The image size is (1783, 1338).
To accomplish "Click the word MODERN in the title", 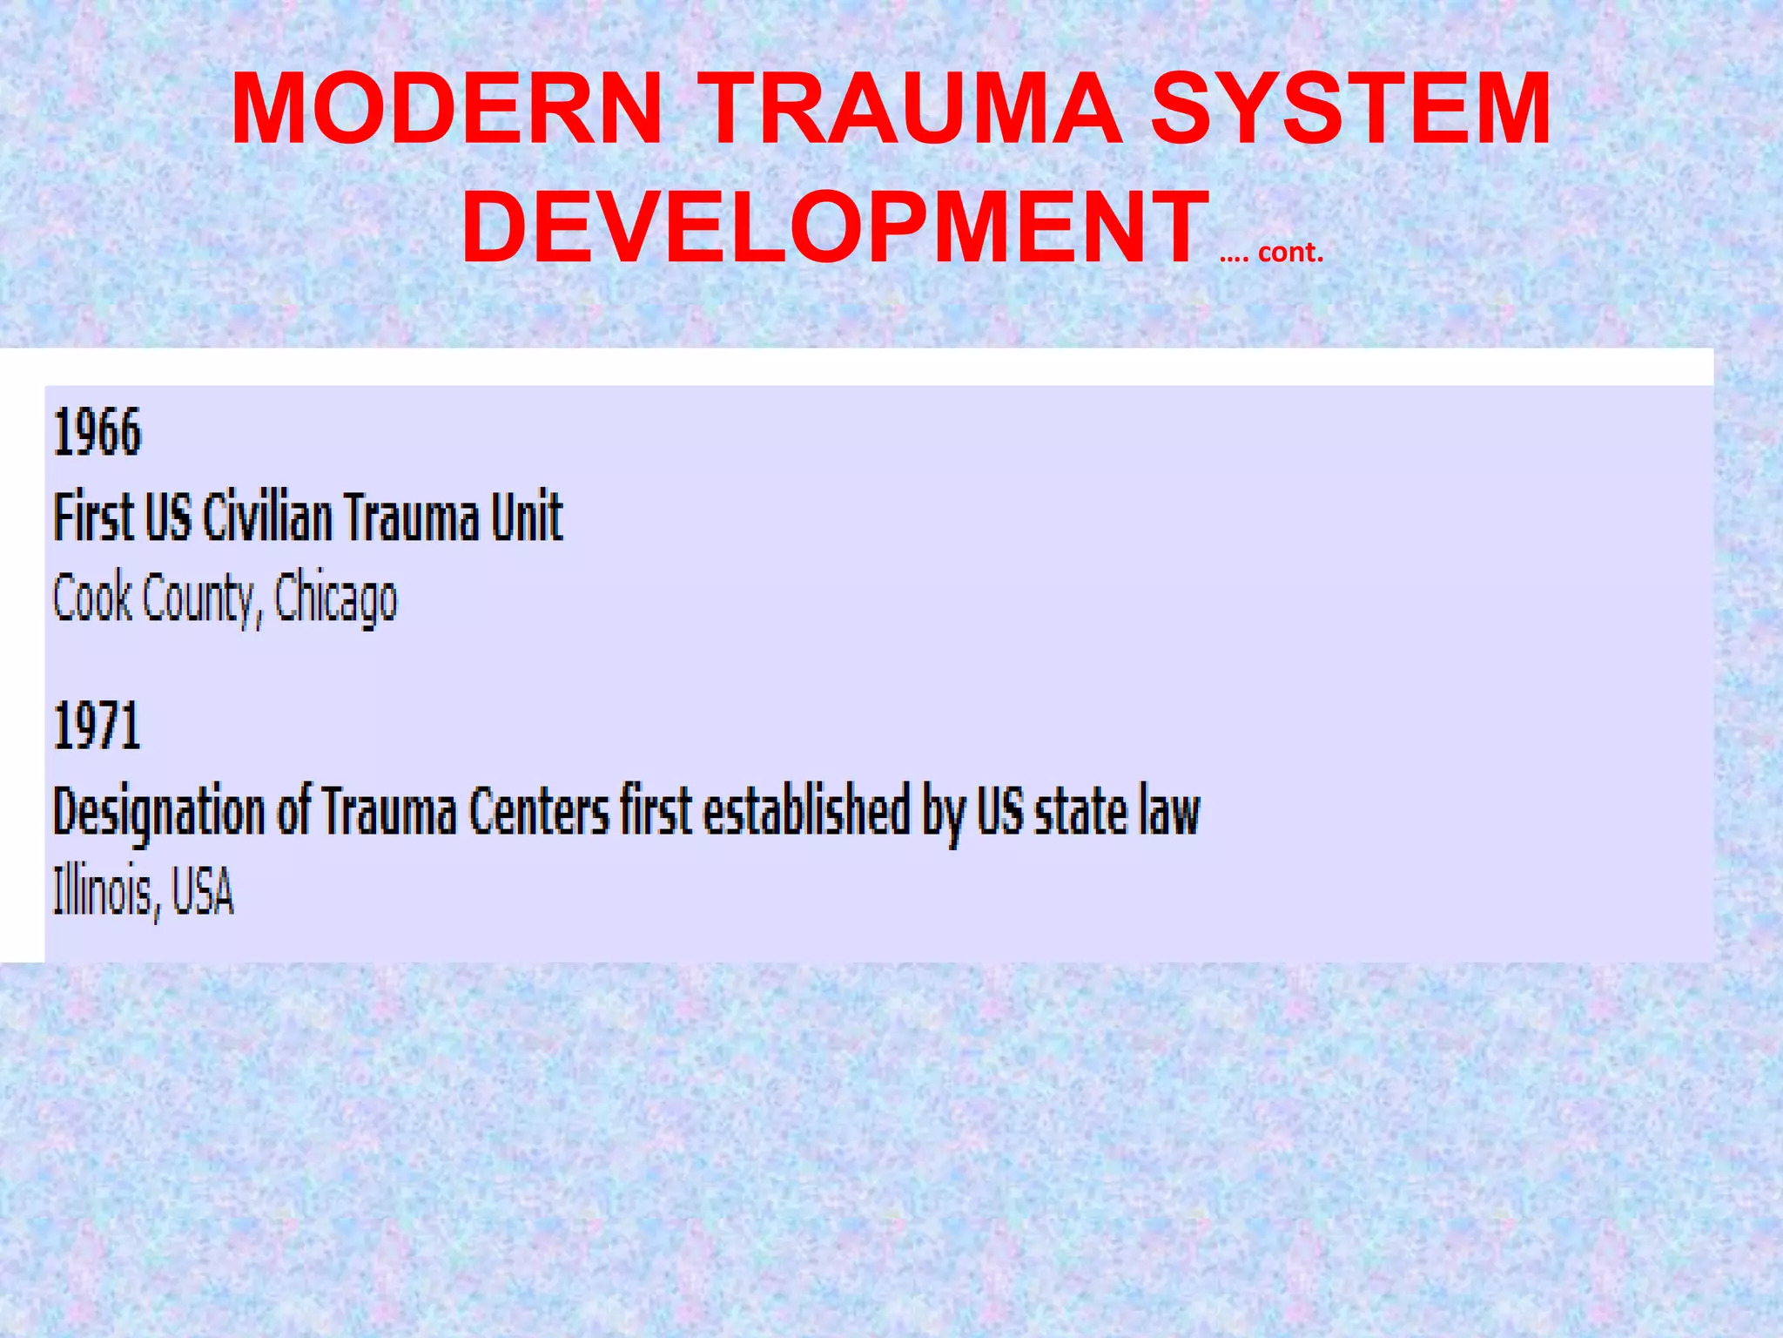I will click(447, 110).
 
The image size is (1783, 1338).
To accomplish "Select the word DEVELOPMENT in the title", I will click(835, 228).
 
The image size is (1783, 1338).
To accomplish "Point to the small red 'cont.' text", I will click(1290, 253).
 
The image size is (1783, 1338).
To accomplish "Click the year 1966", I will click(97, 433).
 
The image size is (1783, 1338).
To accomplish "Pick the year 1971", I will click(97, 726).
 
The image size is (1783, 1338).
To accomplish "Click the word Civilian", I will click(266, 517).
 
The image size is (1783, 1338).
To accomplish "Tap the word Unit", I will click(527, 517).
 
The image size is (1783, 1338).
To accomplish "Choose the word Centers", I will click(539, 811).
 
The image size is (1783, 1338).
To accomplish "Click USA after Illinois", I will click(203, 892).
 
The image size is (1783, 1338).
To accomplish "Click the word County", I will click(198, 599).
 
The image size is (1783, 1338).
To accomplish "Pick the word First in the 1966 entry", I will click(93, 517).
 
